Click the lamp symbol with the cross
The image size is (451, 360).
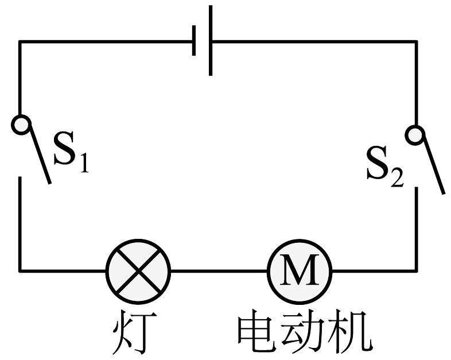138,269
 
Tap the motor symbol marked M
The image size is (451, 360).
299,269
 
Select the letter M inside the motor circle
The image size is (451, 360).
299,269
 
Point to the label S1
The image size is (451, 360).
71,150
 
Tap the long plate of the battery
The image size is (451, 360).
212,40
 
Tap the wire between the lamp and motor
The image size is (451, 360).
219,269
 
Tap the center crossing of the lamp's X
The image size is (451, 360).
138,269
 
